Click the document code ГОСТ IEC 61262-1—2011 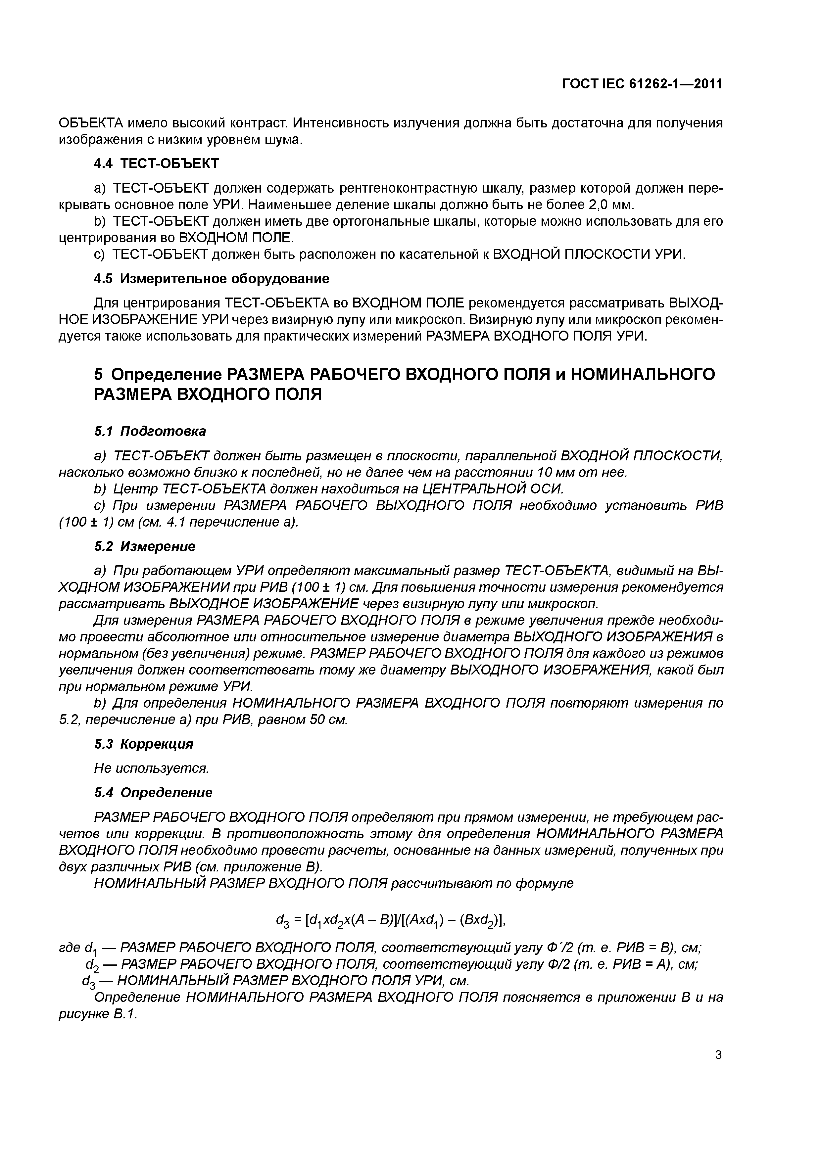[642, 84]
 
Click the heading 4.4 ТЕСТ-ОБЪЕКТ [156, 163]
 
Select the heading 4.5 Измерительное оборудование [212, 279]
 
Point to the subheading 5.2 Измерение [145, 547]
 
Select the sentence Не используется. [152, 768]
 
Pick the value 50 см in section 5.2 [328, 720]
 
